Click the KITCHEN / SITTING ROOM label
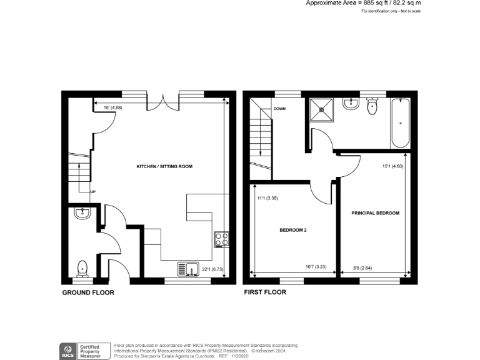[x=164, y=167]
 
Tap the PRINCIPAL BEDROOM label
[x=375, y=213]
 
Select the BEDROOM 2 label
[x=292, y=230]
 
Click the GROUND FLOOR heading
[x=87, y=292]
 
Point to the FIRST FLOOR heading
[x=265, y=292]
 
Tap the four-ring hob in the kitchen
[x=221, y=239]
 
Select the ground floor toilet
[x=82, y=268]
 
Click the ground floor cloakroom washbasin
[x=82, y=214]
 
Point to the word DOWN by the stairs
[x=279, y=109]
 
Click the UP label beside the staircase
[x=93, y=192]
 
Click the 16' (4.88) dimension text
[x=114, y=107]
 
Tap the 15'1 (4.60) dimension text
[x=393, y=166]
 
